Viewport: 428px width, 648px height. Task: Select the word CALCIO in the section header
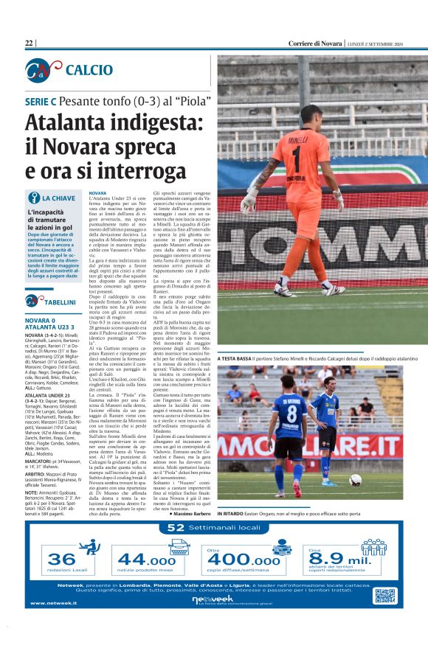89,70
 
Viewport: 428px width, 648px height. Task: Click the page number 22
30,43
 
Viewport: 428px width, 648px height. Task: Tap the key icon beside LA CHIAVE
33,198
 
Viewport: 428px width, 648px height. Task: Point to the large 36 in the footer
61,560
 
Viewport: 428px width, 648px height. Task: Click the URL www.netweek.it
53,603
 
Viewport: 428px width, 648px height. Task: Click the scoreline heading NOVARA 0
41,321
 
